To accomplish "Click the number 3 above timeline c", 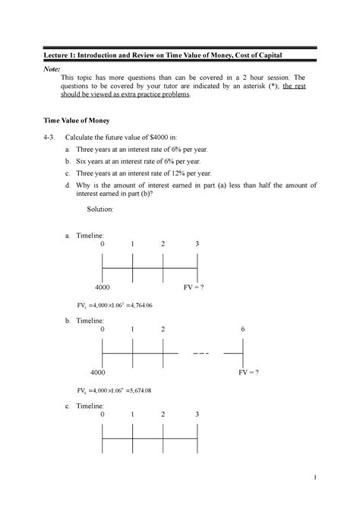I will tap(197, 415).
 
